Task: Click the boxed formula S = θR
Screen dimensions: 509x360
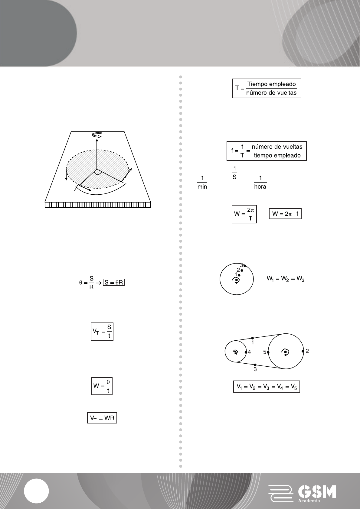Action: [x=114, y=283]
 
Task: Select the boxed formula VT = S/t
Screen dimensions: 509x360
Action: [x=102, y=332]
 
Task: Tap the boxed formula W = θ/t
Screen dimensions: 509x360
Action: [x=102, y=386]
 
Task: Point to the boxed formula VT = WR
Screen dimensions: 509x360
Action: [x=102, y=418]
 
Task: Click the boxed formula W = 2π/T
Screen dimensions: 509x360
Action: [x=244, y=214]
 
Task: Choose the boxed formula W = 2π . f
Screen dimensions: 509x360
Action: [x=285, y=214]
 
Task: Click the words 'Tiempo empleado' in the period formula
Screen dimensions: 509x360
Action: [x=272, y=84]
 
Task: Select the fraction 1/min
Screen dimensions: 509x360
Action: [x=202, y=183]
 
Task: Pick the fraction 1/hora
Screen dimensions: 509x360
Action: [x=260, y=183]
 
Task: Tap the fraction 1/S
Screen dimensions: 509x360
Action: [x=234, y=173]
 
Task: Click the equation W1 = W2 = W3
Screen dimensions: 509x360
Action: [x=285, y=279]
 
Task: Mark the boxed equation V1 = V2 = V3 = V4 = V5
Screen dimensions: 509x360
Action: [x=267, y=387]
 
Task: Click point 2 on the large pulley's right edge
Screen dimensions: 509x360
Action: [x=303, y=351]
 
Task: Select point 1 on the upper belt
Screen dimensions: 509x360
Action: [x=253, y=338]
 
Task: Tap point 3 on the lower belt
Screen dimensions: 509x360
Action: [x=255, y=365]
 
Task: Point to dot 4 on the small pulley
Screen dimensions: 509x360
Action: [x=246, y=352]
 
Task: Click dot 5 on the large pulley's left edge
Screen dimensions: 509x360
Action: [x=268, y=352]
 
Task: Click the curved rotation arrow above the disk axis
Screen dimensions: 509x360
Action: [x=97, y=135]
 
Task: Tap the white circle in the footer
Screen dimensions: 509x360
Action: [x=36, y=491]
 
